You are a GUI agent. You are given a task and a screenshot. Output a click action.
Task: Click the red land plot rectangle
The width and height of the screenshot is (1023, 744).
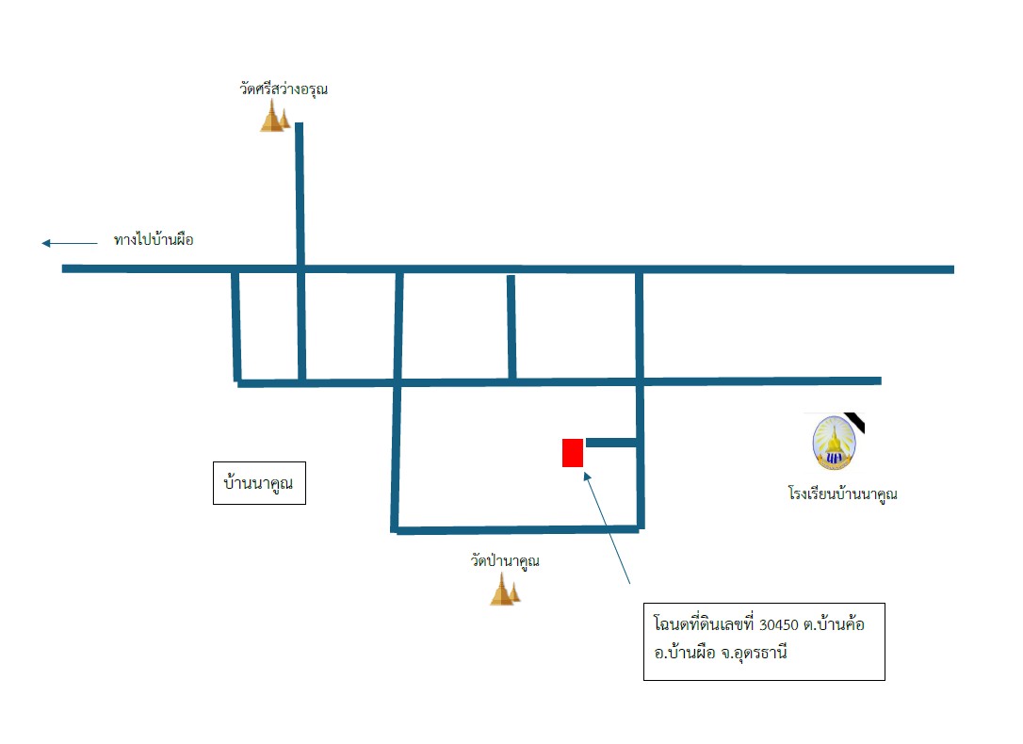point(572,453)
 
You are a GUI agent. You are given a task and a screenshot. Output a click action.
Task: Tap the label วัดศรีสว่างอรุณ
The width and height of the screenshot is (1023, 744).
point(284,89)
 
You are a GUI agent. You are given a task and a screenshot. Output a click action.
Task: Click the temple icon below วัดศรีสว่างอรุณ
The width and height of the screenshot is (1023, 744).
point(275,116)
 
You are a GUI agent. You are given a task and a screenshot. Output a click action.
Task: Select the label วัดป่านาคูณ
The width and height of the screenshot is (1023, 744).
point(505,560)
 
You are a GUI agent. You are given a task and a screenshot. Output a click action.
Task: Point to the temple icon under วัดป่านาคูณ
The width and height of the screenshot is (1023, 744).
point(505,590)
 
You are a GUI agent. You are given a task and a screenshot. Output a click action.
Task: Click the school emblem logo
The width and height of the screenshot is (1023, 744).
point(835,443)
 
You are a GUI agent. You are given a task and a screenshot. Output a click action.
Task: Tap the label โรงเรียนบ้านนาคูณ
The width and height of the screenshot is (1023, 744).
point(842,493)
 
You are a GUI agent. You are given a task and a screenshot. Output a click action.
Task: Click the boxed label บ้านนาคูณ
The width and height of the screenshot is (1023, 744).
point(259,483)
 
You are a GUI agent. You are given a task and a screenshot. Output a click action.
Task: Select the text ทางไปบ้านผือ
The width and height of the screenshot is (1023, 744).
point(154,240)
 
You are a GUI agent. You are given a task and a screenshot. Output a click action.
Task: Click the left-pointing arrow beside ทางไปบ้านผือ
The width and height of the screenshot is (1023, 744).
point(69,243)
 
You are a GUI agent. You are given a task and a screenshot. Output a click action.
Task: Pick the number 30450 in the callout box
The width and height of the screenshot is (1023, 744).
point(779,624)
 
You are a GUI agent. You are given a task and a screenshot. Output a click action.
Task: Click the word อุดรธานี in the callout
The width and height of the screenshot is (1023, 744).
point(760,653)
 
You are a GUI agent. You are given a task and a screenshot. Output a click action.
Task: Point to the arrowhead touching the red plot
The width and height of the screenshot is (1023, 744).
point(587,477)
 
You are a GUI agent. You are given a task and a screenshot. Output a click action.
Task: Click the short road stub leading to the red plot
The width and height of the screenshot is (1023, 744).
point(611,443)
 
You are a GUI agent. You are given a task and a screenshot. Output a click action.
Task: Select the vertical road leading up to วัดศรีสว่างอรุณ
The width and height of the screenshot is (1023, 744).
point(300,194)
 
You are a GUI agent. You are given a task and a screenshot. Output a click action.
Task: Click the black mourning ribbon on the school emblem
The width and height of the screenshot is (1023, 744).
point(854,423)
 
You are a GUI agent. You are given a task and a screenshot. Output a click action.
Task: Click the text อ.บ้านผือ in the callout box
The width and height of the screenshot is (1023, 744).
point(685,653)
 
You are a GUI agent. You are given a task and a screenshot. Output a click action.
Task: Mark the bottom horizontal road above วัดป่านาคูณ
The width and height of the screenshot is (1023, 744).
point(517,530)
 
